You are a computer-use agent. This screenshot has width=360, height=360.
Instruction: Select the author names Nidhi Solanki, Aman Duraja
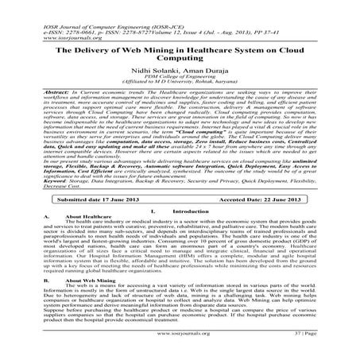179,73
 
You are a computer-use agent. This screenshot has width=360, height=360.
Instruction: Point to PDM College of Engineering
180,81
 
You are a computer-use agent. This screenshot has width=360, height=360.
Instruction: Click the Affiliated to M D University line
180,87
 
